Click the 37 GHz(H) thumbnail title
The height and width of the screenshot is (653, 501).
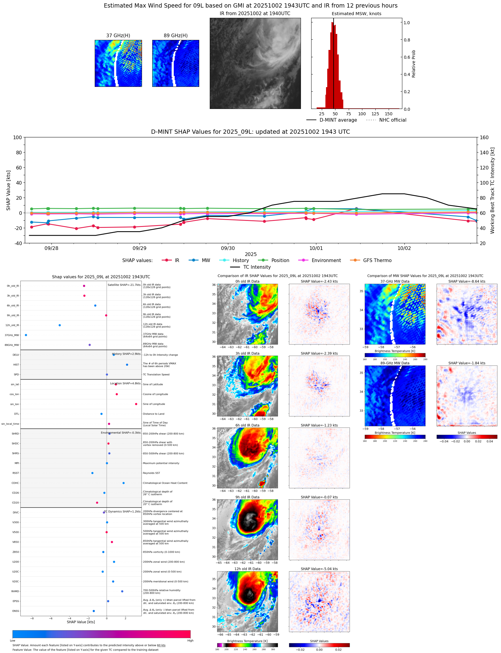(x=118, y=36)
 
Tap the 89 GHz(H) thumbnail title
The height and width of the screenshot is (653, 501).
(x=176, y=36)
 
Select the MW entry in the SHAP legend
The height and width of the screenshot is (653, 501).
(x=206, y=261)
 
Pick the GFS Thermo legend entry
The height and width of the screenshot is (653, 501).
(x=377, y=261)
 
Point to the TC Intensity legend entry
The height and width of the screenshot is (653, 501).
(x=257, y=267)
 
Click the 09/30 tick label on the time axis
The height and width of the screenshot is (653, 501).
(x=228, y=248)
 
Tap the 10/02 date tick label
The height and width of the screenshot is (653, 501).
(x=404, y=248)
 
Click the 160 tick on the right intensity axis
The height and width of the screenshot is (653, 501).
(x=484, y=137)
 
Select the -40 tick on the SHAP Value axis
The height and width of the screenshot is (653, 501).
(x=17, y=243)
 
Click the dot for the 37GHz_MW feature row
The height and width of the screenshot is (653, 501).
(x=26, y=335)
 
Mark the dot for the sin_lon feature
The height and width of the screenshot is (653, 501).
(x=136, y=404)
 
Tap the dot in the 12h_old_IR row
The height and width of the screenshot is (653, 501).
(x=60, y=325)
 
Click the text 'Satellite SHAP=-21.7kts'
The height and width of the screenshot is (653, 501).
(x=124, y=285)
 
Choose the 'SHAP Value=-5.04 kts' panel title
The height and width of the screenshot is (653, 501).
(x=319, y=569)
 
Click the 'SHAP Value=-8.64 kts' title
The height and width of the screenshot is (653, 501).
(x=466, y=281)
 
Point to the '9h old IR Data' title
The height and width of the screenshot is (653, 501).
(x=247, y=497)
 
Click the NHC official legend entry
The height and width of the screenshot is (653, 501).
(x=392, y=120)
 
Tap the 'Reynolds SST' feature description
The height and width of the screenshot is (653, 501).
(x=151, y=473)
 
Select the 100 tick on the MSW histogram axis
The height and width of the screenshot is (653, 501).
(x=362, y=114)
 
